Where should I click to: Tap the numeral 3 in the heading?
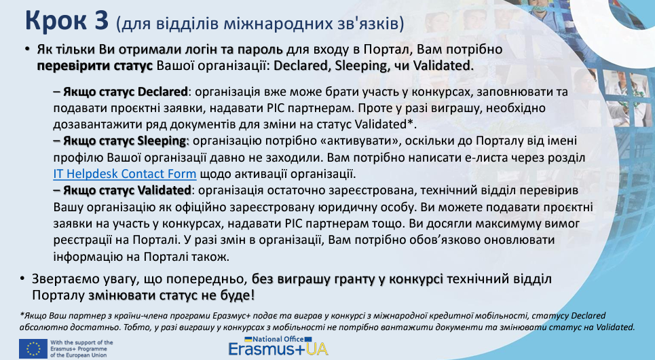pos(101,20)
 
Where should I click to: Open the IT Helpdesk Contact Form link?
pos(124,173)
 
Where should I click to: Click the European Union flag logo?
pos(33,348)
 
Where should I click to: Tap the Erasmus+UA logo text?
pos(278,349)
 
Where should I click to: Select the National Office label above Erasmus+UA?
pos(278,339)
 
